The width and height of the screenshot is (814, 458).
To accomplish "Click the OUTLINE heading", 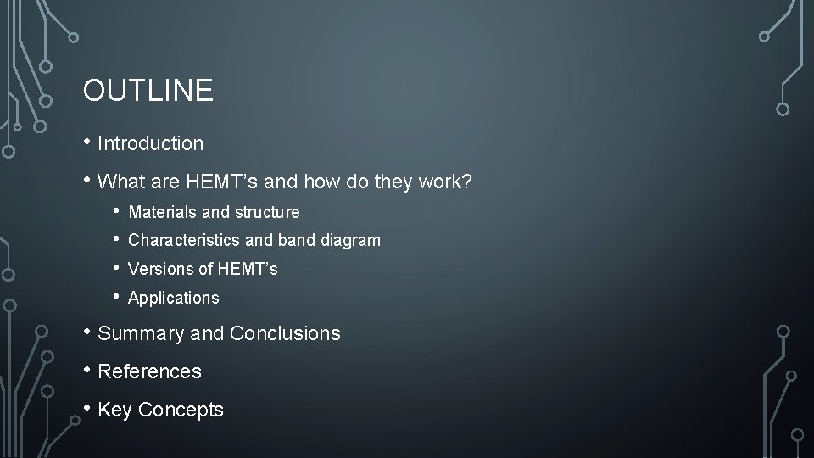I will click(148, 91).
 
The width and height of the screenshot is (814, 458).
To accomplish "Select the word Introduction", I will click(151, 144).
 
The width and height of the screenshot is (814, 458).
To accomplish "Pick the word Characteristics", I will click(181, 241).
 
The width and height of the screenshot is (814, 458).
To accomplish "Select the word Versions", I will click(159, 270).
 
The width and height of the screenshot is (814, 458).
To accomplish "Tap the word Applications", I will click(173, 299).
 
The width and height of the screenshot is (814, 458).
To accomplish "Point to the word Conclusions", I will click(285, 334).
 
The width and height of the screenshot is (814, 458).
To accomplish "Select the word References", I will click(150, 371).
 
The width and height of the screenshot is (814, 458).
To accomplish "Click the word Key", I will click(115, 411).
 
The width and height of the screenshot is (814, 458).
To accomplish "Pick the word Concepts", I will click(181, 411).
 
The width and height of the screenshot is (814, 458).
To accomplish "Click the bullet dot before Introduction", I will click(87, 142).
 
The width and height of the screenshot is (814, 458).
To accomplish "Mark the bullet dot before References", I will click(87, 370).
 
